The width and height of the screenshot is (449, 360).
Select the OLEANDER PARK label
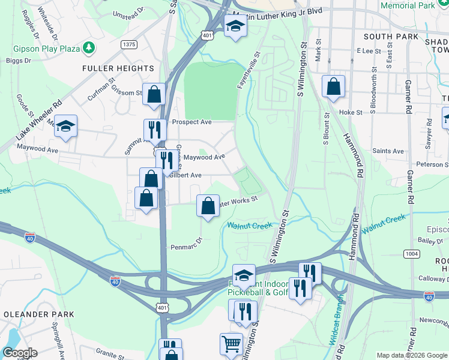(x=38, y=314)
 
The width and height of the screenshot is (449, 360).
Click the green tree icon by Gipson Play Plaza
(x=89, y=46)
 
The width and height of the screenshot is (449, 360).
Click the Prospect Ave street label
(x=192, y=122)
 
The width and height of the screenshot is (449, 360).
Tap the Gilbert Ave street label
(x=185, y=175)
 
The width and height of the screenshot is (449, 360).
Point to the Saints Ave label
(x=387, y=151)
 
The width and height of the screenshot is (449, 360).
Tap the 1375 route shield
(x=128, y=44)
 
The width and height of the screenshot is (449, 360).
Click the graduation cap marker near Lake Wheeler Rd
(x=66, y=126)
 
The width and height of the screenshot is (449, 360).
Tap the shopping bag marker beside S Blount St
(x=333, y=86)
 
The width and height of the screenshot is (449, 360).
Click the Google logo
(x=19, y=353)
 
